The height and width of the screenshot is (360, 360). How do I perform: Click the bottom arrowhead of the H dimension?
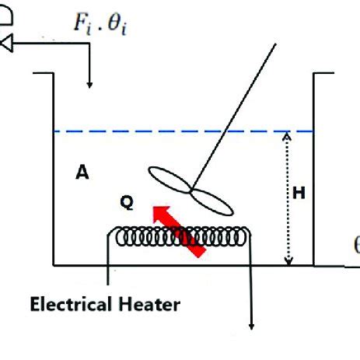[x=288, y=260]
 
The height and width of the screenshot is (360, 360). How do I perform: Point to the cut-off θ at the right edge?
[x=356, y=246]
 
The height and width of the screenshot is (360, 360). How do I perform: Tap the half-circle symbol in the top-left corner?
[x=7, y=17]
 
